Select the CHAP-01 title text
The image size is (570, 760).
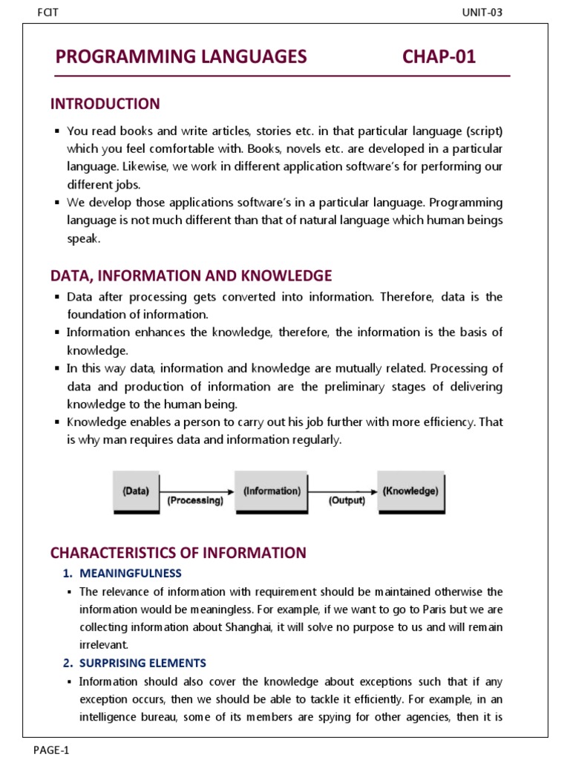(x=439, y=56)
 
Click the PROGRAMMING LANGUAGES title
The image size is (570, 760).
(x=180, y=56)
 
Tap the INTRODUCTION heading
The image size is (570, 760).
(x=105, y=104)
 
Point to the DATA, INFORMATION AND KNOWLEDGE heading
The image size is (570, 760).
(x=191, y=276)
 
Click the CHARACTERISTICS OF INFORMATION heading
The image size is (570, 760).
(x=177, y=553)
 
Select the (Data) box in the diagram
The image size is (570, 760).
(x=135, y=491)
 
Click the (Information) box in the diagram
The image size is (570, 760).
(x=272, y=491)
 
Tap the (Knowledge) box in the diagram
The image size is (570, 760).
(x=410, y=491)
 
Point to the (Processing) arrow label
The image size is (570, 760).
(x=194, y=501)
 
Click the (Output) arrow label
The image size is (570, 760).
(x=347, y=501)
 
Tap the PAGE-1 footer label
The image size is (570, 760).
(x=51, y=750)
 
